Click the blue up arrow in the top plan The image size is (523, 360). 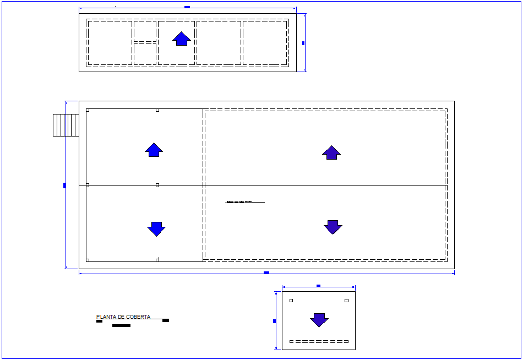(182, 39)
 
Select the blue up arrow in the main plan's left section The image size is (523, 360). (154, 150)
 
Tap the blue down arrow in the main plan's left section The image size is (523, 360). (156, 229)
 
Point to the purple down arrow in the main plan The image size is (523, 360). (333, 227)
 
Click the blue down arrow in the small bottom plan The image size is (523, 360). (319, 320)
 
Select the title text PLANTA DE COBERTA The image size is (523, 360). (123, 317)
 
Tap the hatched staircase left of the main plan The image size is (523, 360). (66, 125)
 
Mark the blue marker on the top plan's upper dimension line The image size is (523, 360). (187, 7)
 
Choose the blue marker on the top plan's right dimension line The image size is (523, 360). (303, 43)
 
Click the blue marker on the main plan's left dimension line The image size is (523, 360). (64, 186)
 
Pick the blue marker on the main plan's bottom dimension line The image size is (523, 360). (266, 272)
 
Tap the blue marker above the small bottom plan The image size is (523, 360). (318, 286)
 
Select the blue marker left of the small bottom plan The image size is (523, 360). (274, 321)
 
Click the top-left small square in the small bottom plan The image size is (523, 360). (291, 301)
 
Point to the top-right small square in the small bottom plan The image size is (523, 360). (346, 301)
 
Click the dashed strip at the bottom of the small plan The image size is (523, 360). (319, 342)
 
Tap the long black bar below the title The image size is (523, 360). (121, 325)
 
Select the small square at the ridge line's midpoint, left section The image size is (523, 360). (157, 186)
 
